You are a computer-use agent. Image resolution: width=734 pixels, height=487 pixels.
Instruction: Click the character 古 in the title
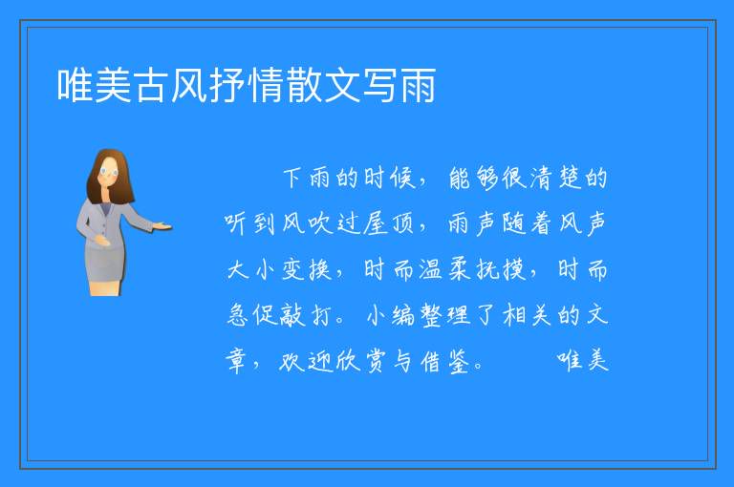pyautogui.click(x=151, y=85)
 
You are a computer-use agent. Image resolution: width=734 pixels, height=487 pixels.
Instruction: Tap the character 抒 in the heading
pyautogui.click(x=227, y=85)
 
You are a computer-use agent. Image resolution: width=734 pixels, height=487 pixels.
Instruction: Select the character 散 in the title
pyautogui.click(x=303, y=85)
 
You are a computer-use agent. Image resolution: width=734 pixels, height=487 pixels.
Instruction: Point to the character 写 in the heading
pyautogui.click(x=379, y=85)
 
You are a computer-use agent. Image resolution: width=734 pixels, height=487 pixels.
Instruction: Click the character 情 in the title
pyautogui.click(x=265, y=85)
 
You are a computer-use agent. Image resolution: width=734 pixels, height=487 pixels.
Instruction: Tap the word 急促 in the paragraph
pyautogui.click(x=251, y=315)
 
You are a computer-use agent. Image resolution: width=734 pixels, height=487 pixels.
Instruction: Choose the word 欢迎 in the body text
pyautogui.click(x=306, y=361)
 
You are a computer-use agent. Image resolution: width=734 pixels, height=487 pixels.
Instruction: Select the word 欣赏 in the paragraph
pyautogui.click(x=361, y=361)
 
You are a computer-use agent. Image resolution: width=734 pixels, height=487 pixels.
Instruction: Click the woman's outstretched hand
pyautogui.click(x=162, y=226)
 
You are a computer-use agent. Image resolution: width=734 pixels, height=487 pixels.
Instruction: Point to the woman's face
pyautogui.click(x=109, y=173)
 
